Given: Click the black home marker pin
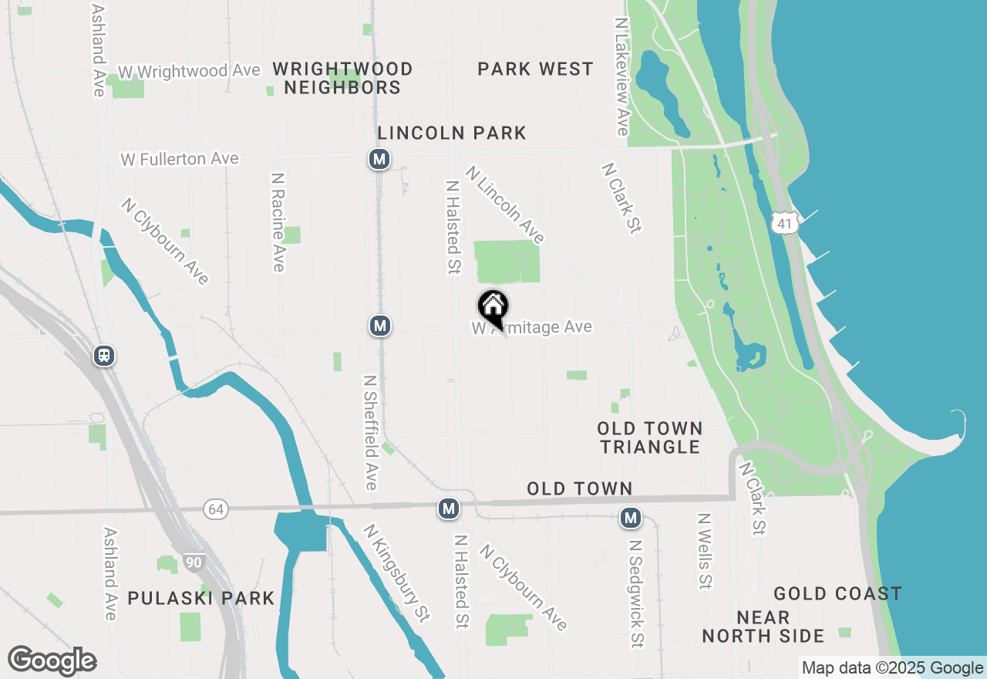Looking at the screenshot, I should click(493, 308).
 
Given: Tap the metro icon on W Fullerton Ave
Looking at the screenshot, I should click(379, 160).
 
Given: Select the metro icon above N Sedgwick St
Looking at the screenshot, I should click(631, 518).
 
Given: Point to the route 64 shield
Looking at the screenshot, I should click(216, 509).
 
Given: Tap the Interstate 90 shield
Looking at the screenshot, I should click(194, 562).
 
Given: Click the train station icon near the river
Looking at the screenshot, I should click(104, 356).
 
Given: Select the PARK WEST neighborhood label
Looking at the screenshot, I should click(535, 69).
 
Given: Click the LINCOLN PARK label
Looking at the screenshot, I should click(452, 133).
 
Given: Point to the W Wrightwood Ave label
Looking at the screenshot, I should click(189, 71).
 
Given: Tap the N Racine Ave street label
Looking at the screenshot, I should click(278, 221).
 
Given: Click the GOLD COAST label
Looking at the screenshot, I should click(837, 593).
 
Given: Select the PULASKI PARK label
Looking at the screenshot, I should click(201, 598).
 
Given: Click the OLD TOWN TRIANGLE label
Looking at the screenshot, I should click(650, 437).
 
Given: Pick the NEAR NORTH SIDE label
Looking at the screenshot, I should click(763, 627).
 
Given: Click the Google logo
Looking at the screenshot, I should click(52, 660).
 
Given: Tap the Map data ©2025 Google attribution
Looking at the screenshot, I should click(892, 668).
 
